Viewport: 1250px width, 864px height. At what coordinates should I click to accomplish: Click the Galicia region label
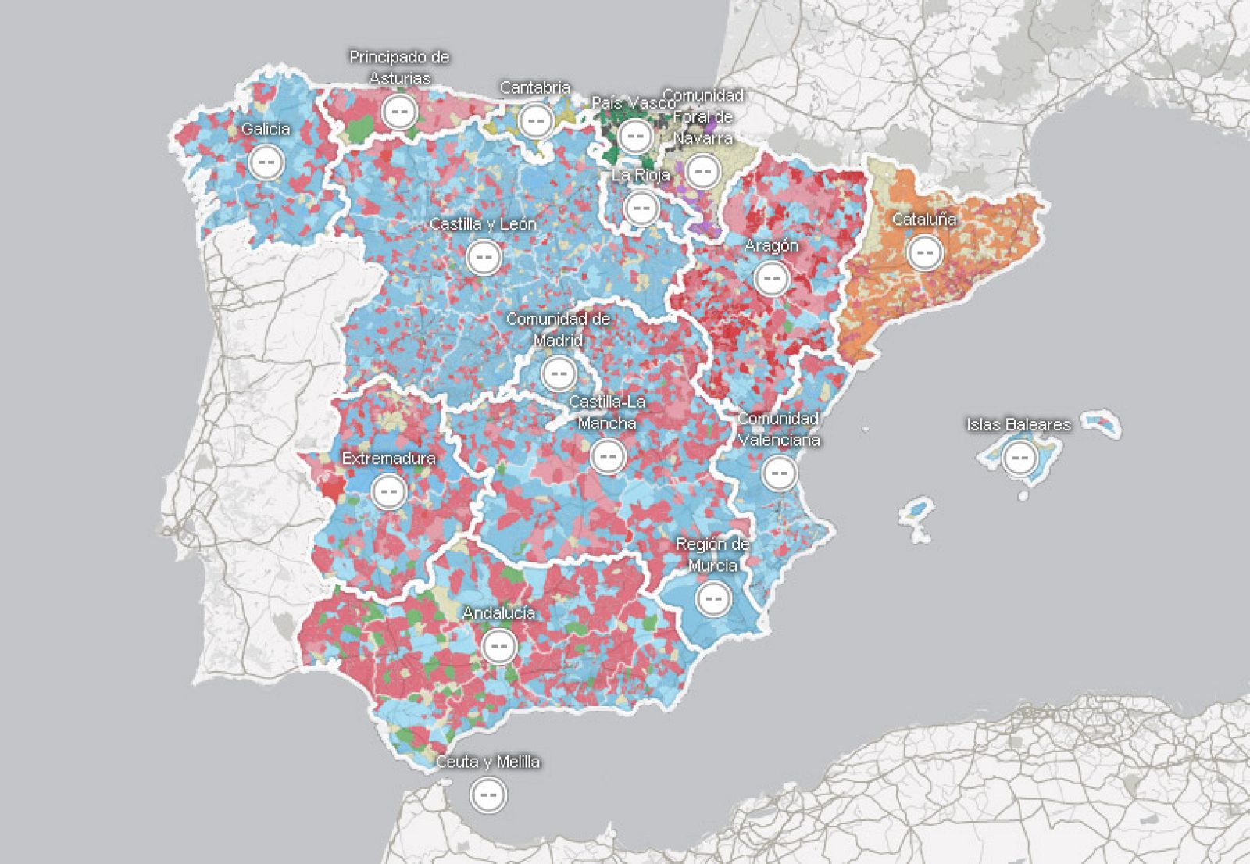266,129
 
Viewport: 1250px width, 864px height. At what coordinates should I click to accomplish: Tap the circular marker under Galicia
266,162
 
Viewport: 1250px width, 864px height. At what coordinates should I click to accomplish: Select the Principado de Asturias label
399,67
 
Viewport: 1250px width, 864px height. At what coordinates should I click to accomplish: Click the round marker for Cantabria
536,121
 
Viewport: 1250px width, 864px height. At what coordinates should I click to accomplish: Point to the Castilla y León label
483,223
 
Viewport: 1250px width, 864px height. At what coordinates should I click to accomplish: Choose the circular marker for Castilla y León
484,256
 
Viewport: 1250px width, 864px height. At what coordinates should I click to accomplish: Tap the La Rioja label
641,175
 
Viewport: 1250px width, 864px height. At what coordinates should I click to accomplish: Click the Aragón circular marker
772,278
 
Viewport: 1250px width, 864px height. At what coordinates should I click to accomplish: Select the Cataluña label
924,220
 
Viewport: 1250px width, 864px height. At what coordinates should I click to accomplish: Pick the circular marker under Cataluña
925,252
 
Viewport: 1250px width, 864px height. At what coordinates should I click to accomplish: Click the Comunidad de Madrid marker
559,373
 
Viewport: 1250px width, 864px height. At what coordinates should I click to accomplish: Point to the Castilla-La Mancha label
607,412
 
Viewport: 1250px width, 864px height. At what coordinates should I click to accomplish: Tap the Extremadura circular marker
388,491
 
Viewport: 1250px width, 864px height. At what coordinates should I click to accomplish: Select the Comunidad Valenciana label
779,429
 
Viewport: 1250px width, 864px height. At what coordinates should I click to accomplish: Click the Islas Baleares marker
1019,458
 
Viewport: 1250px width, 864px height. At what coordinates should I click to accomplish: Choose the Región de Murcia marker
712,599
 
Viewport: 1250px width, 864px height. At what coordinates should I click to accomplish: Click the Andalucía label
498,613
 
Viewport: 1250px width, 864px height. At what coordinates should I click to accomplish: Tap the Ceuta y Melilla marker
489,794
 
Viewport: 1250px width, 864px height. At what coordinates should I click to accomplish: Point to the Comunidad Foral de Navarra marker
703,170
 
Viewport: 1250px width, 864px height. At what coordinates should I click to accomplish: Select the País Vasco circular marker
635,136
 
